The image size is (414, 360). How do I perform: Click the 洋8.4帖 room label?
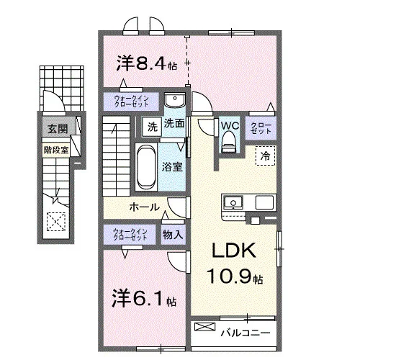coord(147,63)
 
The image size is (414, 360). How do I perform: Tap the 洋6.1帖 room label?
coord(144,299)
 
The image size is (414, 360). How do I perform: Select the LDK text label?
coord(234,251)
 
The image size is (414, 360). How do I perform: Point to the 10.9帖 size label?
coord(235,276)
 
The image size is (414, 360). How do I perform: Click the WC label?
coord(230,126)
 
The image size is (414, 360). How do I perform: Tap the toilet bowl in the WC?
coord(229,143)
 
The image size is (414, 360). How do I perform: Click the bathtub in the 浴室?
coord(146,166)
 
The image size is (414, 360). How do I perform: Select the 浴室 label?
coord(172,166)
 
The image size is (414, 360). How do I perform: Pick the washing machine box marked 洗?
coord(152,127)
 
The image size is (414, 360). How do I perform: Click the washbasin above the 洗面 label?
coord(175,100)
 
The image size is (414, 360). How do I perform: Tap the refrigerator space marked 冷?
coord(266,156)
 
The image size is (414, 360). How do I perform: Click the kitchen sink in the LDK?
coord(233,202)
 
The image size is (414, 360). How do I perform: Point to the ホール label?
coord(145,207)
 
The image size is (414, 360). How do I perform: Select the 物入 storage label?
coord(173,234)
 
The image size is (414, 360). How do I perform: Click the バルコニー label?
coord(246,333)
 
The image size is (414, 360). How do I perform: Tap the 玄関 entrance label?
coord(58,129)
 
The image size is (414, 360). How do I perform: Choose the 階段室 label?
coord(56,150)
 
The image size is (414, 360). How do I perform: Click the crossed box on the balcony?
coord(205,327)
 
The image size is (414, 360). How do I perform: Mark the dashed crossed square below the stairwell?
coord(56,222)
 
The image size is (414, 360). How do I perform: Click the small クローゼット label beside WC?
coord(261,128)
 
